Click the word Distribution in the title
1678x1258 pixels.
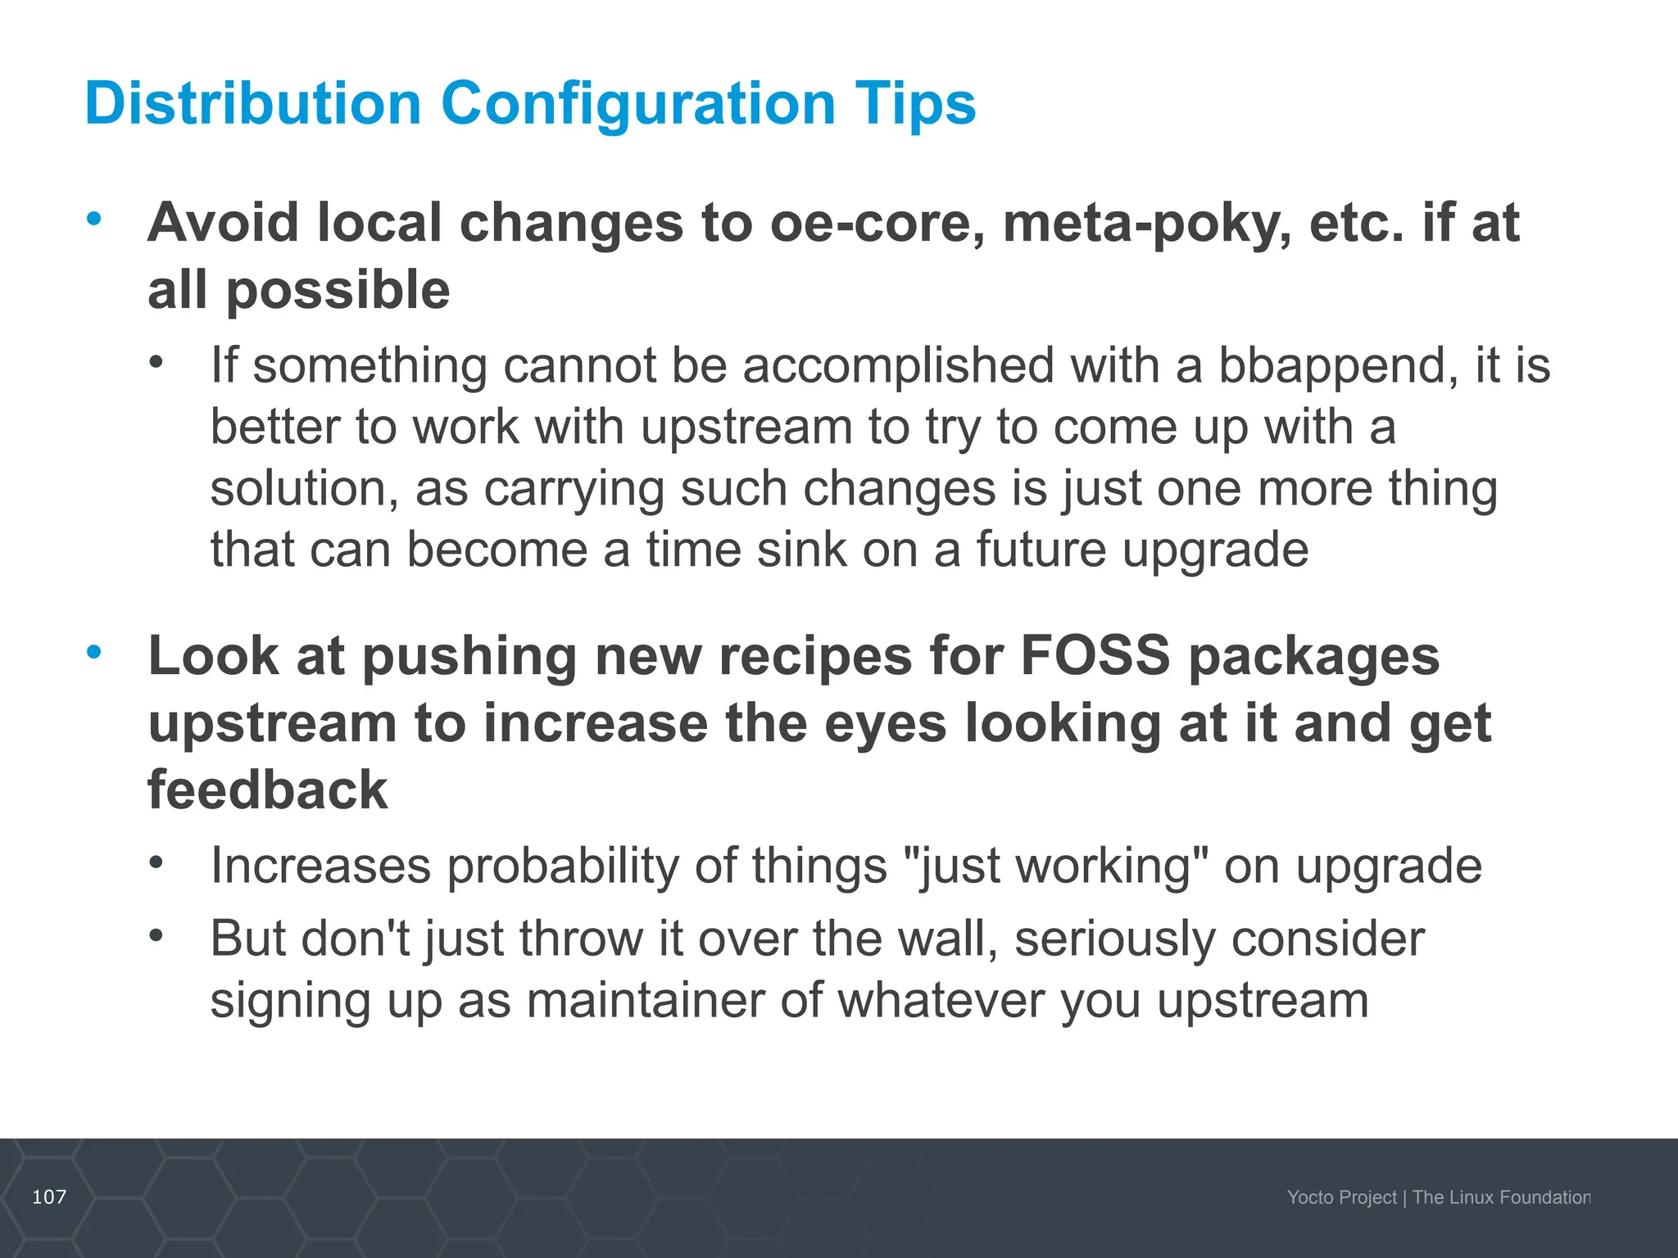coord(252,104)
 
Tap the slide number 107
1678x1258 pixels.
coord(49,1197)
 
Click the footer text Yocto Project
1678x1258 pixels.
coord(1341,1197)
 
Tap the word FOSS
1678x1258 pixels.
coord(1095,656)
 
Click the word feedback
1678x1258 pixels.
coord(267,790)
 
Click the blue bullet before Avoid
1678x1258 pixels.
coord(94,219)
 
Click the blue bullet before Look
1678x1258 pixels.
coord(94,652)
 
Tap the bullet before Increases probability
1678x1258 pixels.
coord(156,862)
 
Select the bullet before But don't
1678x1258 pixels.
coord(156,934)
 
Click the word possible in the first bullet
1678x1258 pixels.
coord(338,292)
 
